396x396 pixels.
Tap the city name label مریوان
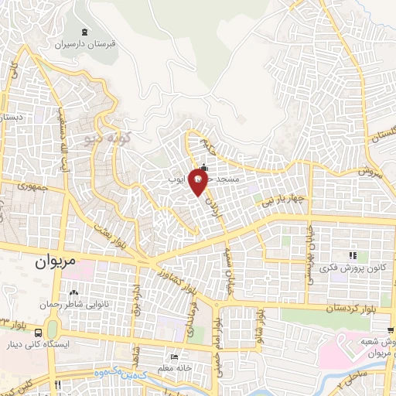click(57, 261)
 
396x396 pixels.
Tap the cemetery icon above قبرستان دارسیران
click(84, 32)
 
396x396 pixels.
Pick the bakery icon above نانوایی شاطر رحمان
click(73, 292)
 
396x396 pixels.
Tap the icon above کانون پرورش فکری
click(352, 255)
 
